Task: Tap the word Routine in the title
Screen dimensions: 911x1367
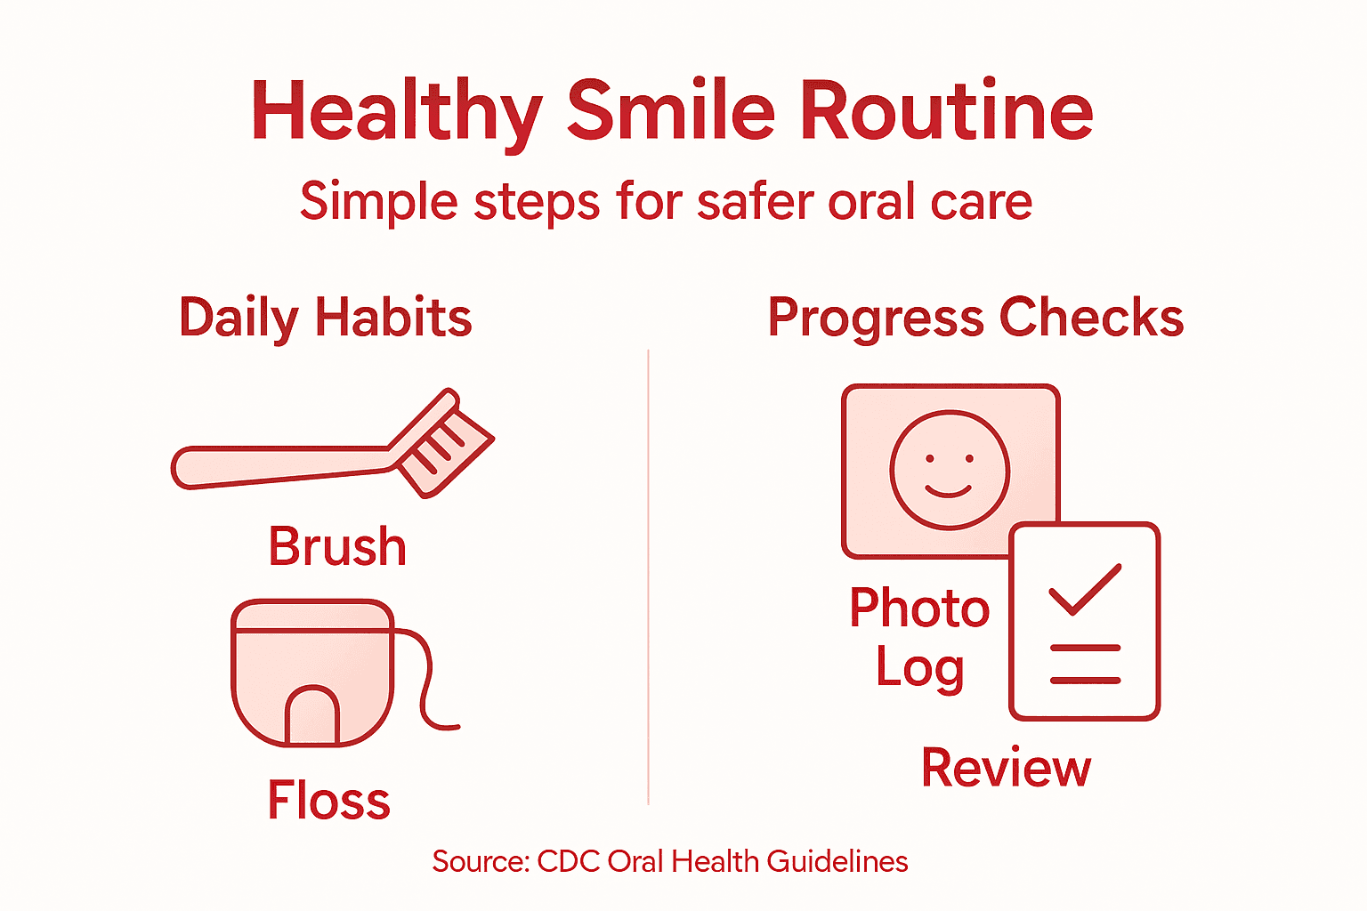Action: tap(946, 112)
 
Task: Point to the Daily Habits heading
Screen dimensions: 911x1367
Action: tap(325, 318)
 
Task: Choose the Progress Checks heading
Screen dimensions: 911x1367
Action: tap(975, 318)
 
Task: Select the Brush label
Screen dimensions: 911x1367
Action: tap(337, 546)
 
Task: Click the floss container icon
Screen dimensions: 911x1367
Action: tap(311, 672)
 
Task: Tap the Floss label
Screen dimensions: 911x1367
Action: tap(328, 800)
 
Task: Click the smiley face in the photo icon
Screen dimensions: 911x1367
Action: tap(950, 470)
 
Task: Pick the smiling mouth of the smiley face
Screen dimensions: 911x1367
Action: tap(949, 491)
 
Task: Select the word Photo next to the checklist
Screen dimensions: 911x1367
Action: tap(919, 609)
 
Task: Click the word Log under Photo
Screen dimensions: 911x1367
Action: tap(919, 667)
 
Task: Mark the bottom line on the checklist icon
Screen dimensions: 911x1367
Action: tap(1085, 681)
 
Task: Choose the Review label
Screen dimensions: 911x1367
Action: tap(1006, 768)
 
